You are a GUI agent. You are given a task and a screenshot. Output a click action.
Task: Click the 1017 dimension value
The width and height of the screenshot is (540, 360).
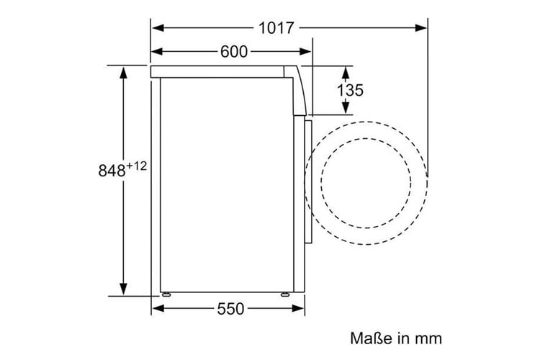click(276, 28)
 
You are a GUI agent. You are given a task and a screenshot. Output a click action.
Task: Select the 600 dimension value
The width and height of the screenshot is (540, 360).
click(234, 52)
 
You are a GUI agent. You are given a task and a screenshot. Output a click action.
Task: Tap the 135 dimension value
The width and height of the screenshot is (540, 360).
click(350, 90)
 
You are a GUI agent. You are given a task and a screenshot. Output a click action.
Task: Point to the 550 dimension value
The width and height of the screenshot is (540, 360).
click(230, 309)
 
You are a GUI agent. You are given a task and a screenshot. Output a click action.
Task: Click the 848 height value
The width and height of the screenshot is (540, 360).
click(112, 171)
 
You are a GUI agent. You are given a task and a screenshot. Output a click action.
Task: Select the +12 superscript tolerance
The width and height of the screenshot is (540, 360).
click(137, 166)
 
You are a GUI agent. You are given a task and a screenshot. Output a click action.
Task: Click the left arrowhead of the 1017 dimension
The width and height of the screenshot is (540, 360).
click(158, 28)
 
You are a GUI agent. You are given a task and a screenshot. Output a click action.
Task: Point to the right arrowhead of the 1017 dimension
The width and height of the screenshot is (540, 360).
click(421, 28)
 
